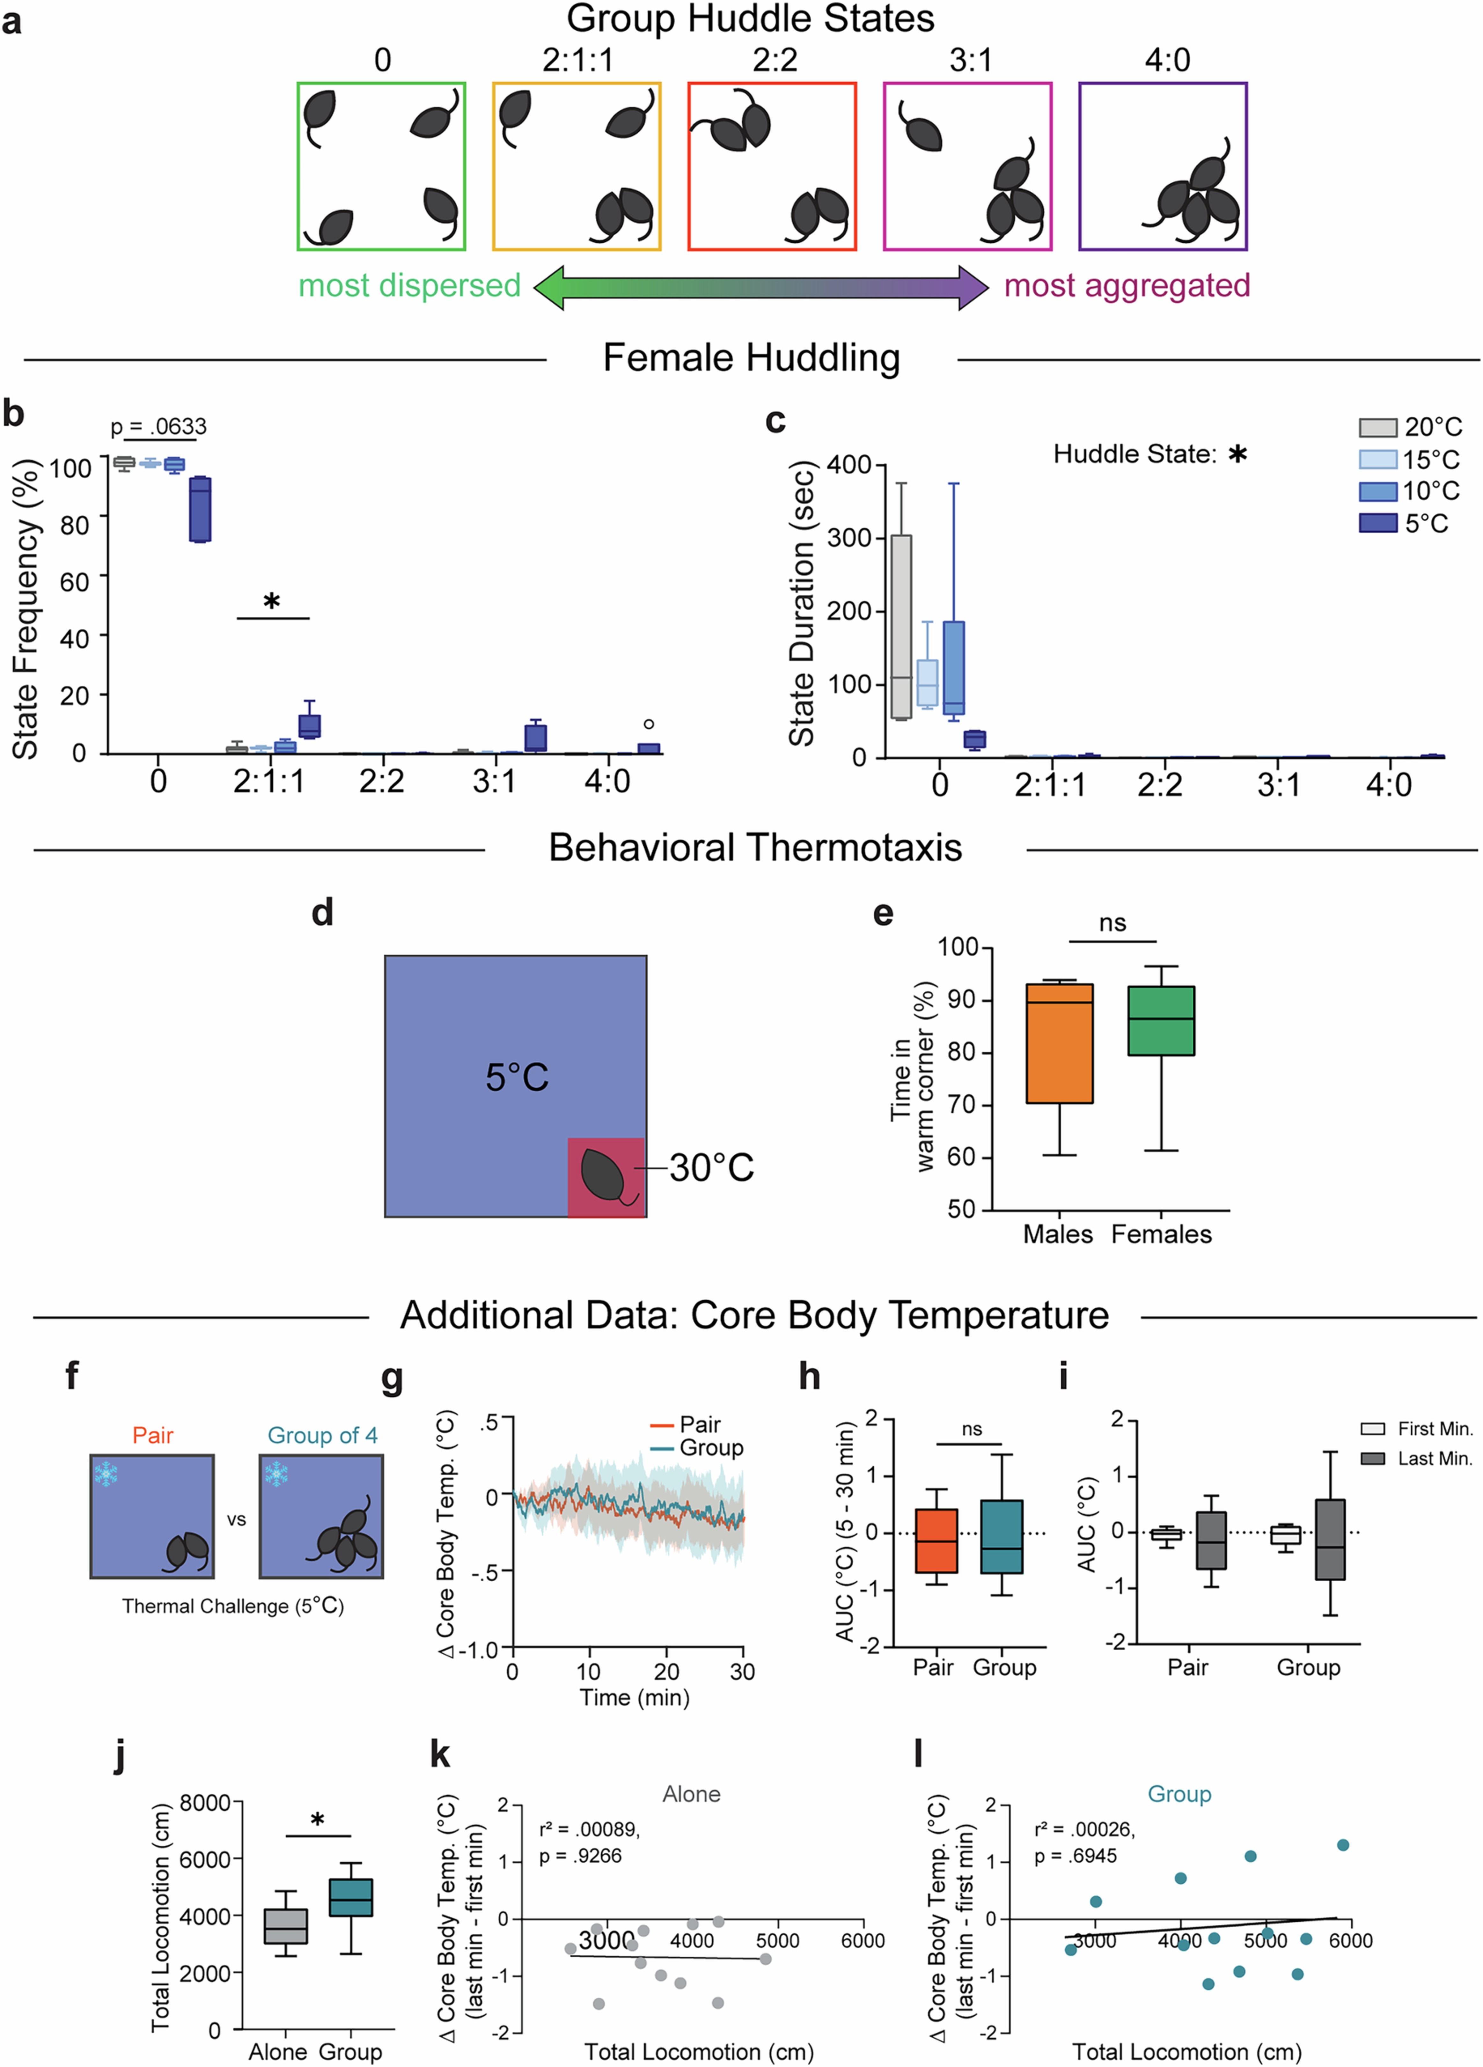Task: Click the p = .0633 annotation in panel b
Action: tap(158, 427)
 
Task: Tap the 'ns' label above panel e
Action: tap(1112, 923)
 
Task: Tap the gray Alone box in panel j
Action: tap(285, 1926)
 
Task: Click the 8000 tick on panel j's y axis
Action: tap(205, 1802)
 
